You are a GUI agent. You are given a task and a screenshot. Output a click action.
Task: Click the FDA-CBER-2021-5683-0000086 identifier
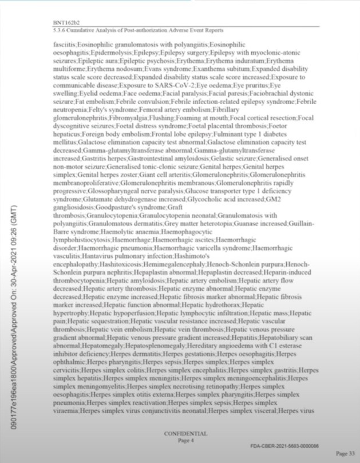point(284,445)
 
